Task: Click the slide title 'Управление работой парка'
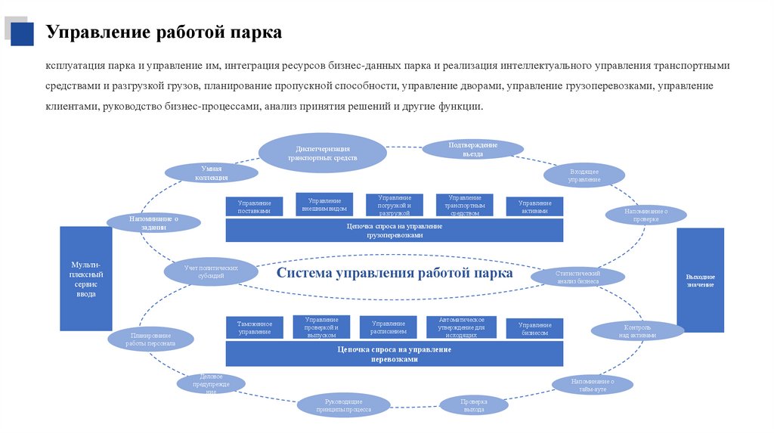(163, 33)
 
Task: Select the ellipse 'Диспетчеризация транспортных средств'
(323, 153)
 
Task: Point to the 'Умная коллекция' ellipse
(211, 172)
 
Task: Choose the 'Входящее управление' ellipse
(584, 175)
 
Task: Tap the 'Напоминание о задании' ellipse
(153, 222)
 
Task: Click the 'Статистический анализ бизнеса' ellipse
(577, 277)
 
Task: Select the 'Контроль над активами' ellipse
(637, 330)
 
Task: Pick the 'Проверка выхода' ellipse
(474, 405)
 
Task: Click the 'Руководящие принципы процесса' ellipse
(344, 405)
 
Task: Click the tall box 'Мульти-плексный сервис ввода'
(86, 278)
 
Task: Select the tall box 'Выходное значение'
(700, 280)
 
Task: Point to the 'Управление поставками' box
(254, 207)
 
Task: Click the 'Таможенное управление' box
(254, 327)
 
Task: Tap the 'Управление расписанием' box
(389, 327)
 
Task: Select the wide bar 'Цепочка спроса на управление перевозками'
(395, 354)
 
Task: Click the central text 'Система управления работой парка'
(395, 273)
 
